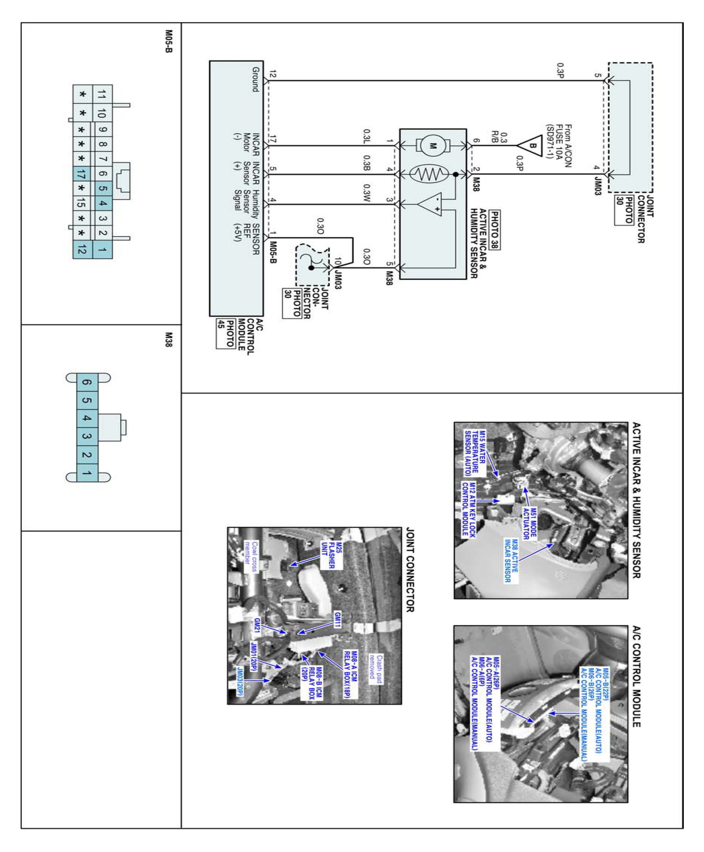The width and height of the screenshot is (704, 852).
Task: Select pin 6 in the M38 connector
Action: click(x=87, y=382)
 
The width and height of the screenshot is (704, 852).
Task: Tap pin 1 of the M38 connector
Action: click(x=87, y=473)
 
